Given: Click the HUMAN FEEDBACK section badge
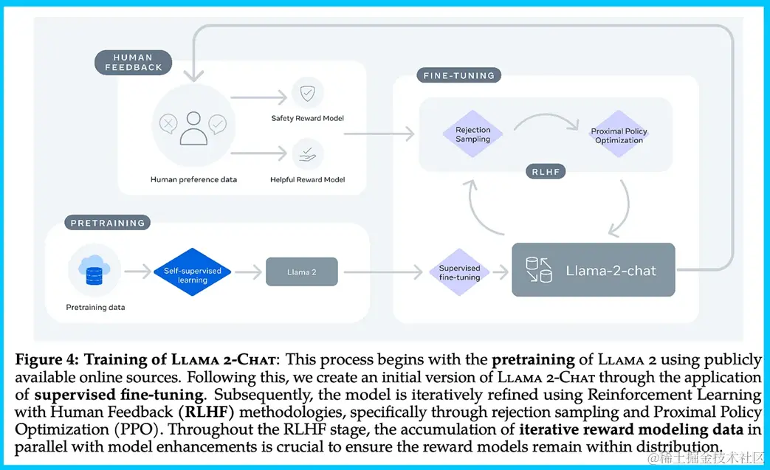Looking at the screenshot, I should (x=134, y=62).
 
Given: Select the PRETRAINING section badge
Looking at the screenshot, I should (x=108, y=223).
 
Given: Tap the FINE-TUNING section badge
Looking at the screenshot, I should (x=458, y=75).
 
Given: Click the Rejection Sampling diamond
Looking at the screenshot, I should (x=473, y=135).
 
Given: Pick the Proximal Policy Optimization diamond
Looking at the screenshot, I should (x=619, y=136).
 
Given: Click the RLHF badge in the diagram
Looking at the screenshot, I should (x=546, y=172).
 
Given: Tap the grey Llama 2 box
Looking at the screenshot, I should (x=301, y=272).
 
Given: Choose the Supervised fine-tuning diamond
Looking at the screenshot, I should (x=459, y=272).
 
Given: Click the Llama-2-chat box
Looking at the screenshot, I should (x=593, y=270).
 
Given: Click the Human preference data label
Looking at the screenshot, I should (x=193, y=179).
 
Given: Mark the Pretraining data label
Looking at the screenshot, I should (x=95, y=307).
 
